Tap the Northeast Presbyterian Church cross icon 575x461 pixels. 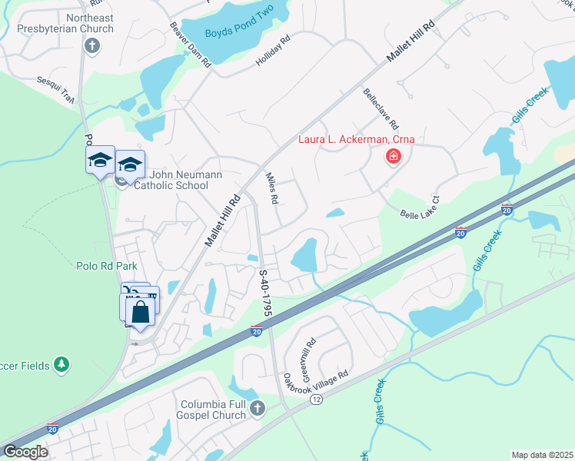[x=91, y=45]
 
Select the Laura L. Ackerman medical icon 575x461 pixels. [x=393, y=157]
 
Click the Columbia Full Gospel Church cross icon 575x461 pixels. [x=258, y=409]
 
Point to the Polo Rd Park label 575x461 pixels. [x=106, y=266]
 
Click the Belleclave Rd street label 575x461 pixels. [x=381, y=109]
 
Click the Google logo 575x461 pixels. [x=25, y=451]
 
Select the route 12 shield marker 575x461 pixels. [x=317, y=400]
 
